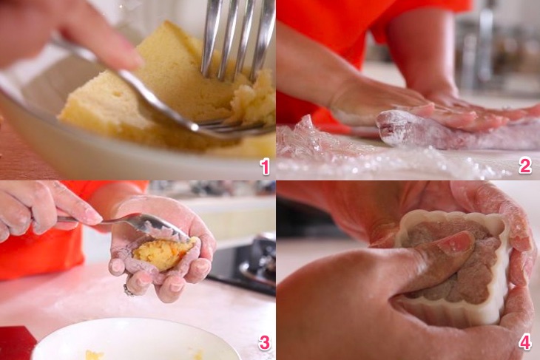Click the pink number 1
coord(265,167)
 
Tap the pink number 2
coord(525,166)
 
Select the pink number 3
coord(264,342)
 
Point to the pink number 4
coord(525,342)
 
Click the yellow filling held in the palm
coord(165,254)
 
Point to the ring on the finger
coord(128,291)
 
